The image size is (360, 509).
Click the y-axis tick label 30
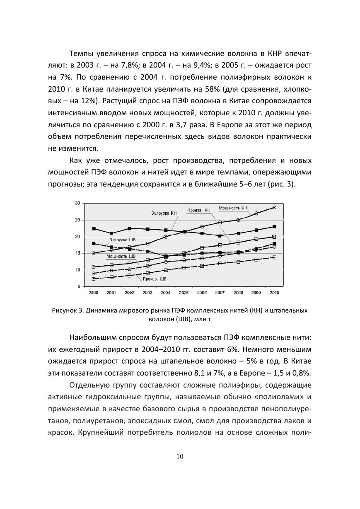(x=77, y=203)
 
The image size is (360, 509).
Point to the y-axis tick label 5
(x=78, y=287)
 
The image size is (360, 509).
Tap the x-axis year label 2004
(x=165, y=293)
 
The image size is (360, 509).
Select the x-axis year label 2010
(x=274, y=293)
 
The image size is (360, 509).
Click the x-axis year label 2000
(x=93, y=293)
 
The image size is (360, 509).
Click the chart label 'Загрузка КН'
(x=164, y=213)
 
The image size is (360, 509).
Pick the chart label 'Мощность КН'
(x=233, y=207)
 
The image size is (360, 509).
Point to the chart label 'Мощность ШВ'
(x=118, y=257)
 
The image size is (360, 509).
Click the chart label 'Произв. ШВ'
(x=155, y=279)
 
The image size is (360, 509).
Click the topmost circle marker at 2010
(x=274, y=207)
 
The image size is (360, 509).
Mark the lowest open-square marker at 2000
(x=94, y=279)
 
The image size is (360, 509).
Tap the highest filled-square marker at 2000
(x=94, y=228)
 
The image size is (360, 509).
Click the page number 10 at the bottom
(x=180, y=456)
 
